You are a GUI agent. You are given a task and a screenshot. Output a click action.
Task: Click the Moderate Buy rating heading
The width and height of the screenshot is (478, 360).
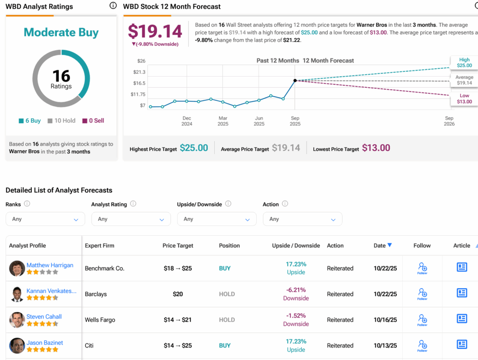[x=61, y=32]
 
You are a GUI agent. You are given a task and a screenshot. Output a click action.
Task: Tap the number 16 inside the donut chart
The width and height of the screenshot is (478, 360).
[x=61, y=76]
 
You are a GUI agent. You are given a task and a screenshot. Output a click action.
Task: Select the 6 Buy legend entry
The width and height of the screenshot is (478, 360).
[x=30, y=120]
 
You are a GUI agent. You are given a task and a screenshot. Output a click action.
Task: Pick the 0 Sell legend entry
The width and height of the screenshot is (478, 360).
[x=93, y=120]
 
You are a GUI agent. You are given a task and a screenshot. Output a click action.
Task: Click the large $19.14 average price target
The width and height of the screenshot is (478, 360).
[x=155, y=31]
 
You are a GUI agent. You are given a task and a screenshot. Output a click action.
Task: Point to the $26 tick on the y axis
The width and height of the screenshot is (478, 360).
[x=141, y=61]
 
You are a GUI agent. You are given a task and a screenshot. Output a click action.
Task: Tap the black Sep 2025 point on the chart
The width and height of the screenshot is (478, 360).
[x=295, y=80]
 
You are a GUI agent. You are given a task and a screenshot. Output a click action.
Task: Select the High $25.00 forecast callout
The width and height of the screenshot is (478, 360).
[x=464, y=63]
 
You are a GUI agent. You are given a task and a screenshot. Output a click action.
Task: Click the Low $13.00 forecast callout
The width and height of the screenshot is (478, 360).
[x=464, y=99]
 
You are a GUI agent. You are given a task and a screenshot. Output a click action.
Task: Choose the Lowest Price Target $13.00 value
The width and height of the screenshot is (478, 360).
[x=376, y=148]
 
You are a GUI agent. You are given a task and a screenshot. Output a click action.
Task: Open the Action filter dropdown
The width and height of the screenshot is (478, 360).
[x=302, y=219]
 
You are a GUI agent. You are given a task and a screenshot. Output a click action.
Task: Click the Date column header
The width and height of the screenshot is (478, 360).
[x=382, y=246]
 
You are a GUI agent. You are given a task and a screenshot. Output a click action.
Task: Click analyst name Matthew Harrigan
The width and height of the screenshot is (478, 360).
[x=49, y=265]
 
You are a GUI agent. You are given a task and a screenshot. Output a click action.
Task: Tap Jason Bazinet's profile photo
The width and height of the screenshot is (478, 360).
[x=17, y=346]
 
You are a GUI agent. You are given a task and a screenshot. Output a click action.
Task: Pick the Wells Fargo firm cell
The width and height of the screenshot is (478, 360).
[x=100, y=320]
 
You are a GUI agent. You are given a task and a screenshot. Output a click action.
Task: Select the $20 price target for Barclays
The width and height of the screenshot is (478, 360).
[x=177, y=294]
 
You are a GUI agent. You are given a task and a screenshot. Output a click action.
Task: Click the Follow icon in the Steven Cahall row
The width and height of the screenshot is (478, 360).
[x=422, y=319]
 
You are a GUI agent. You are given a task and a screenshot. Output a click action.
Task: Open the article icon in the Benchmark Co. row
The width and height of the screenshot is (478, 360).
[x=462, y=268]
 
